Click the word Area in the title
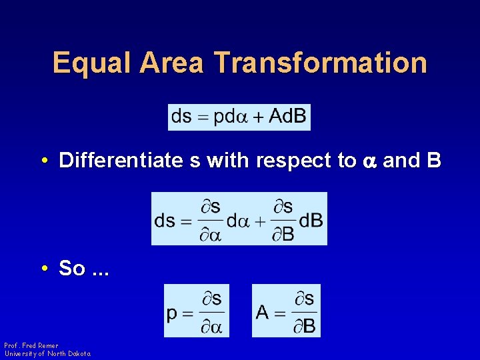click(x=173, y=63)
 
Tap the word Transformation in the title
click(x=321, y=63)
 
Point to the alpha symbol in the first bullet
click(x=368, y=162)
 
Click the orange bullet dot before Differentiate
click(x=43, y=161)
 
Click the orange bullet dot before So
click(x=43, y=269)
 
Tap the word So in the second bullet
click(x=72, y=269)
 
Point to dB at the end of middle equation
click(x=311, y=220)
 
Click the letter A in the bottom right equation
click(x=262, y=311)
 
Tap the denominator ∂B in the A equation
click(x=305, y=327)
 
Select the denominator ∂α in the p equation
click(x=212, y=327)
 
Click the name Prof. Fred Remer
click(x=31, y=346)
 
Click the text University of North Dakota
click(x=47, y=354)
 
